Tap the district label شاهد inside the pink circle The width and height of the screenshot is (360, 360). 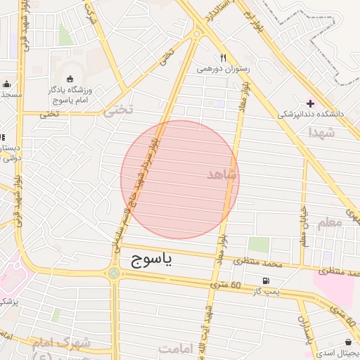click(223, 174)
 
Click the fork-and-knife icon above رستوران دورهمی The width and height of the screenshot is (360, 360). click(223, 58)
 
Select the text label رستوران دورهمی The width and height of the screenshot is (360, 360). click(223, 70)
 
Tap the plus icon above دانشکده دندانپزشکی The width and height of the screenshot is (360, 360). click(310, 103)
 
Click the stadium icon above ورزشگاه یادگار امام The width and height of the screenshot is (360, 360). click(70, 79)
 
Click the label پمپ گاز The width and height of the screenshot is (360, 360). click(266, 292)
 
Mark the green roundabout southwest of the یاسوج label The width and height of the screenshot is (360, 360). click(114, 272)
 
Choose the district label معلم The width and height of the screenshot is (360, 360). click(330, 223)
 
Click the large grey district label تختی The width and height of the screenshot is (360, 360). click(118, 110)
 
